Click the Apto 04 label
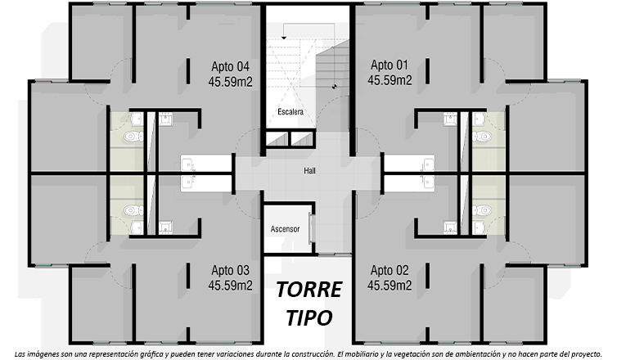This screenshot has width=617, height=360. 230,66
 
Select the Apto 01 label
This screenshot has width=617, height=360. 390,65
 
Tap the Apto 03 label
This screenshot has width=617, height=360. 230,270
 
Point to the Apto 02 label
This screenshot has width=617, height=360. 390,270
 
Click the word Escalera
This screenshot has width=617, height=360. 290,112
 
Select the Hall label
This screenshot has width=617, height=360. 309,171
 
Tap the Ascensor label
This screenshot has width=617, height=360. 285,229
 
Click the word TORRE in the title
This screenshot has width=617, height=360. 308,290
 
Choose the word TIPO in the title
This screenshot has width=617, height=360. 308,317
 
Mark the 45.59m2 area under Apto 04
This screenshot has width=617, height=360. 230,82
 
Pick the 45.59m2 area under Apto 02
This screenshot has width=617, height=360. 390,286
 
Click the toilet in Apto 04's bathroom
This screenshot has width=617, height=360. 133,137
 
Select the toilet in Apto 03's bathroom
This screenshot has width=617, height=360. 133,210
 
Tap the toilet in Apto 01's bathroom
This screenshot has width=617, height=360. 482,137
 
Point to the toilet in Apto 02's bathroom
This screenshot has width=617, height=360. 482,210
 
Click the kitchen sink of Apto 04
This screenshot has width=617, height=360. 187,164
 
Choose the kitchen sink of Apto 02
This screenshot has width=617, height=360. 428,182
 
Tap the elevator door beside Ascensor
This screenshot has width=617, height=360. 312,228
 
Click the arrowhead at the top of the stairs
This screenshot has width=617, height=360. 283,38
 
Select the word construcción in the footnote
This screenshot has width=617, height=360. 318,353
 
